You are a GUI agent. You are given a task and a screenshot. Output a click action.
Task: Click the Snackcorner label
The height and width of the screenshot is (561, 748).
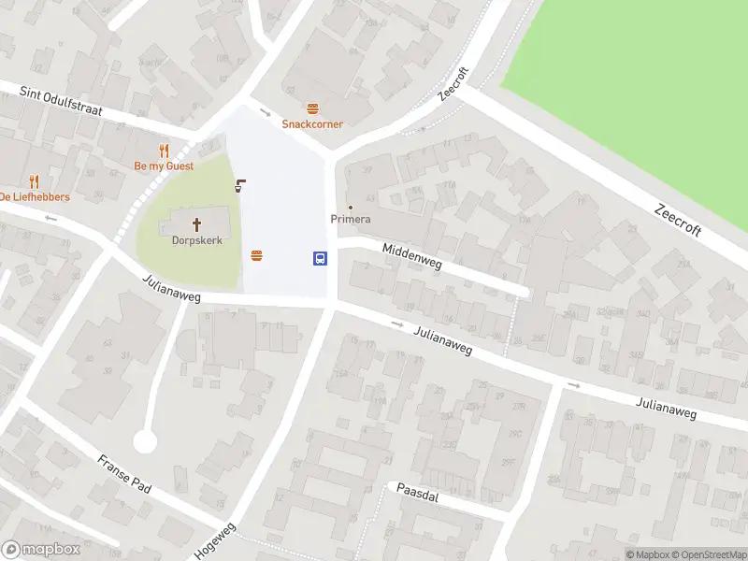tap(313, 123)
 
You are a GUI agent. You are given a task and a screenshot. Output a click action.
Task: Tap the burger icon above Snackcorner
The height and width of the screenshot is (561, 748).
tap(312, 108)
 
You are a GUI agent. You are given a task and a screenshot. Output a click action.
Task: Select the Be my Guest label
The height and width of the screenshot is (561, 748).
tap(164, 165)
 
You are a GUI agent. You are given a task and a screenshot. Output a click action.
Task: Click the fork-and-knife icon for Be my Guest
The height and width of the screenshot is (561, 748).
tap(164, 151)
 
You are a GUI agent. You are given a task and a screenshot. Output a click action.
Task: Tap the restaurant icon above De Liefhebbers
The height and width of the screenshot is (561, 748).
tap(35, 181)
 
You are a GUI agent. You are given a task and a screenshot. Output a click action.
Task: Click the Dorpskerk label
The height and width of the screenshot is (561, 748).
tap(195, 239)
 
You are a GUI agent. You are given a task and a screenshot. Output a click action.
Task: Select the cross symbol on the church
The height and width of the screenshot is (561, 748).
tap(196, 224)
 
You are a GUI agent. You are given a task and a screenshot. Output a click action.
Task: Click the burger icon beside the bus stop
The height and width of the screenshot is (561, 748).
tap(256, 255)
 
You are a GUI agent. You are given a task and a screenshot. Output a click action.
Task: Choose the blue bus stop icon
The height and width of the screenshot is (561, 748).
tap(320, 258)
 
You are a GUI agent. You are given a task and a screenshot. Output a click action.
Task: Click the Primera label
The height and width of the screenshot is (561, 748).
tap(351, 220)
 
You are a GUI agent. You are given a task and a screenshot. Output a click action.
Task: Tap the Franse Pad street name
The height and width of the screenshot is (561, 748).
tap(124, 474)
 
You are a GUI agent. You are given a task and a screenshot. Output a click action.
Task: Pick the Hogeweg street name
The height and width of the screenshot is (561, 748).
tap(216, 540)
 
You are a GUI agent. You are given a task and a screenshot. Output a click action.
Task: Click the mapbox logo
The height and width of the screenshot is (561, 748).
tap(41, 550)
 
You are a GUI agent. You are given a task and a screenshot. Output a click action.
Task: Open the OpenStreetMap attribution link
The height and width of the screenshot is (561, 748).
tap(710, 554)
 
